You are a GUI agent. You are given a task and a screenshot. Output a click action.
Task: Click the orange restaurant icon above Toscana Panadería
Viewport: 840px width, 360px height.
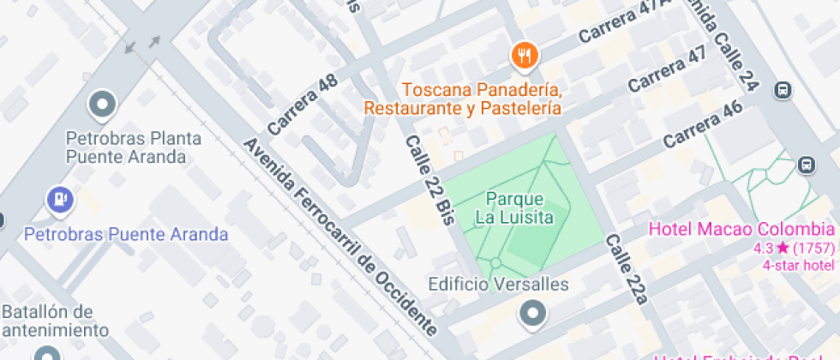[524, 57]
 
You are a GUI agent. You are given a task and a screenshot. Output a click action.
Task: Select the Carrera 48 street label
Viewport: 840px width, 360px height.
[302, 105]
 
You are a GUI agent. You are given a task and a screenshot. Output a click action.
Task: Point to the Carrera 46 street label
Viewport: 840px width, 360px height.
[702, 124]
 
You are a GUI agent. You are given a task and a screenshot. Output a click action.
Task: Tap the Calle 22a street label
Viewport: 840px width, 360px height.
[627, 269]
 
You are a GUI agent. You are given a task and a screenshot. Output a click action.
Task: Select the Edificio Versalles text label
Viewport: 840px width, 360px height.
[499, 285]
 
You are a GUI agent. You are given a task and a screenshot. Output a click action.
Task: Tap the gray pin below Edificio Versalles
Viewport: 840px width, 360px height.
[533, 315]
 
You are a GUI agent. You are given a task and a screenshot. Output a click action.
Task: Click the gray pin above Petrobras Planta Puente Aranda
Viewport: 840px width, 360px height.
[103, 105]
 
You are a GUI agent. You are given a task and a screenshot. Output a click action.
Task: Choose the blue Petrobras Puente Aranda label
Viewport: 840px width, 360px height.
[126, 234]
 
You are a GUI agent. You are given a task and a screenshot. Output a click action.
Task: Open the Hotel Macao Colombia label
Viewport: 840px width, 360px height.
[741, 229]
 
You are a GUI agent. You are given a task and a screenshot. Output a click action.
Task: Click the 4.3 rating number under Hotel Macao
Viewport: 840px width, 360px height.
[762, 249]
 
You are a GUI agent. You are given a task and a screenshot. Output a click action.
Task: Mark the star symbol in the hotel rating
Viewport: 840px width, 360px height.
[783, 249]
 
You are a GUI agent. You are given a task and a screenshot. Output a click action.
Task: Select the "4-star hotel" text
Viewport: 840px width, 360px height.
[798, 264]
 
